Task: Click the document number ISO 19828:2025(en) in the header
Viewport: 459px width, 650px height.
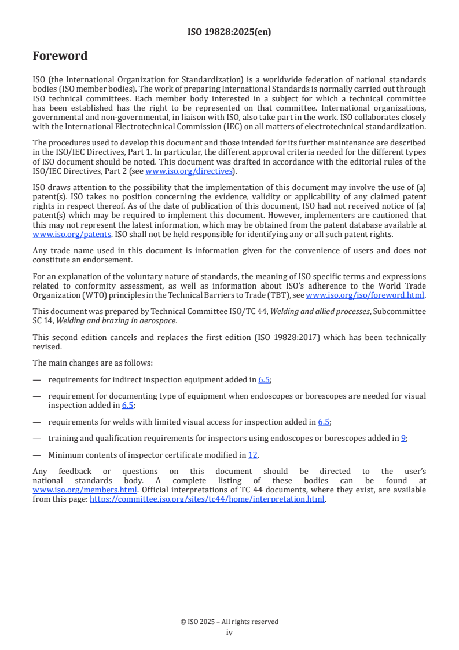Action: pyautogui.click(x=229, y=32)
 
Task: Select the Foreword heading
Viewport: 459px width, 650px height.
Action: pyautogui.click(x=60, y=56)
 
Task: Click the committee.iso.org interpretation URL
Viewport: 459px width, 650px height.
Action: pyautogui.click(x=207, y=499)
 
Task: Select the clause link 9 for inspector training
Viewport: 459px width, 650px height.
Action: pyautogui.click(x=403, y=438)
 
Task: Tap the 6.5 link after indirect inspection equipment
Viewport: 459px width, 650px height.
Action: pyautogui.click(x=265, y=379)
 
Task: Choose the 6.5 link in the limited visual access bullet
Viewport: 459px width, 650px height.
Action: pyautogui.click(x=324, y=422)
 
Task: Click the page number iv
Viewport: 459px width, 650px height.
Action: pyautogui.click(x=229, y=632)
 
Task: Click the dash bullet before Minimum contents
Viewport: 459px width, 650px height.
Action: pyautogui.click(x=37, y=455)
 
